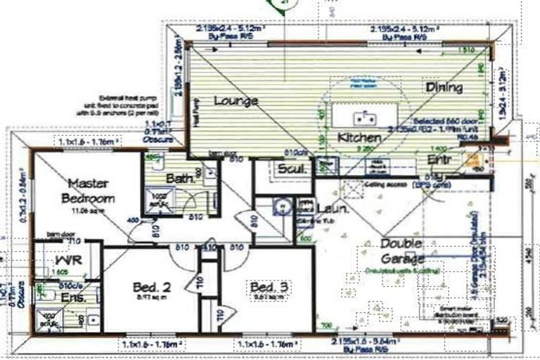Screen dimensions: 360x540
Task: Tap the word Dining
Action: tap(444, 87)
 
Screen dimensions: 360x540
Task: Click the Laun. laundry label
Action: tap(330, 209)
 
